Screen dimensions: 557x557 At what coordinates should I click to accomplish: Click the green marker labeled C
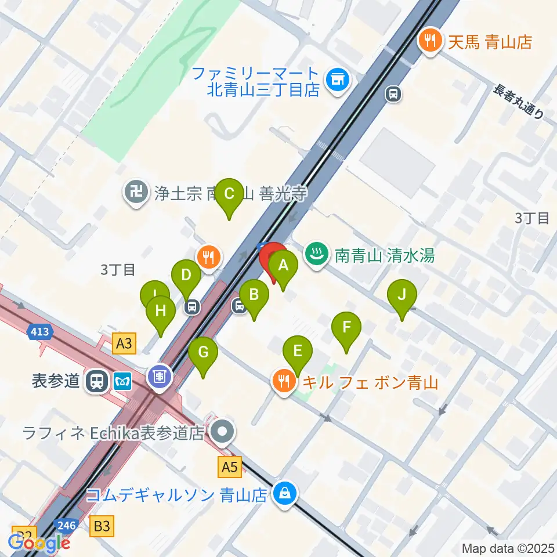coord(229,194)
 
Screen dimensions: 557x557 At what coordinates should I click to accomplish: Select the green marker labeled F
coord(346,327)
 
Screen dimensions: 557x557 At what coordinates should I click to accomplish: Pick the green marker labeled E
coord(297,352)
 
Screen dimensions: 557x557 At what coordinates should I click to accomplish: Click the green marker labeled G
coord(203,353)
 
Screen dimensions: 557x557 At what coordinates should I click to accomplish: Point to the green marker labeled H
coord(161,312)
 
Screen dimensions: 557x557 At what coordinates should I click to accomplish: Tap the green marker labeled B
coord(254,295)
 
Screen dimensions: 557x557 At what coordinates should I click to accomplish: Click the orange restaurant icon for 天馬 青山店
coord(429,41)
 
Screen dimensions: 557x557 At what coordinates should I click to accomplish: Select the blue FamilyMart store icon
coord(337,81)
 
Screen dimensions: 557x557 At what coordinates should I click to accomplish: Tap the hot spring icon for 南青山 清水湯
coord(316,255)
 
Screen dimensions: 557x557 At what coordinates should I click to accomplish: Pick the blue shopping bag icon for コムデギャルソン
coord(284,495)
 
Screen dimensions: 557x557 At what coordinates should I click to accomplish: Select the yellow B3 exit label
coord(102,526)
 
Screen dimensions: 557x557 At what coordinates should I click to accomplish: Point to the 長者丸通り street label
coord(519,102)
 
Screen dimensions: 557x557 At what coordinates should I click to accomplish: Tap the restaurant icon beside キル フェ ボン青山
coord(283,382)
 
